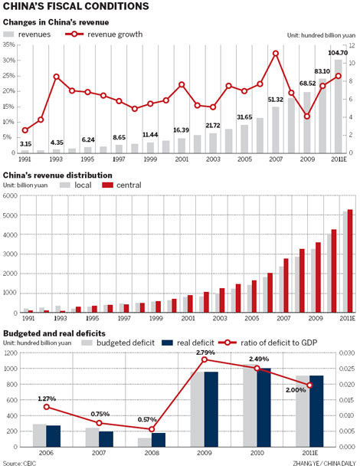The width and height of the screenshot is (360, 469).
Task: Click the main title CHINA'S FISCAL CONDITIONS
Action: (x=76, y=7)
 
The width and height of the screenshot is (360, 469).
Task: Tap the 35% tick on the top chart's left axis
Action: (x=9, y=45)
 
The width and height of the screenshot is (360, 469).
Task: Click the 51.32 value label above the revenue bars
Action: (x=276, y=100)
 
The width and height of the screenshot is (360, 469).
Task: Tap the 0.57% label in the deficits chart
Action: (x=150, y=420)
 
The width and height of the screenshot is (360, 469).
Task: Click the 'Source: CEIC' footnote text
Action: (x=22, y=463)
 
